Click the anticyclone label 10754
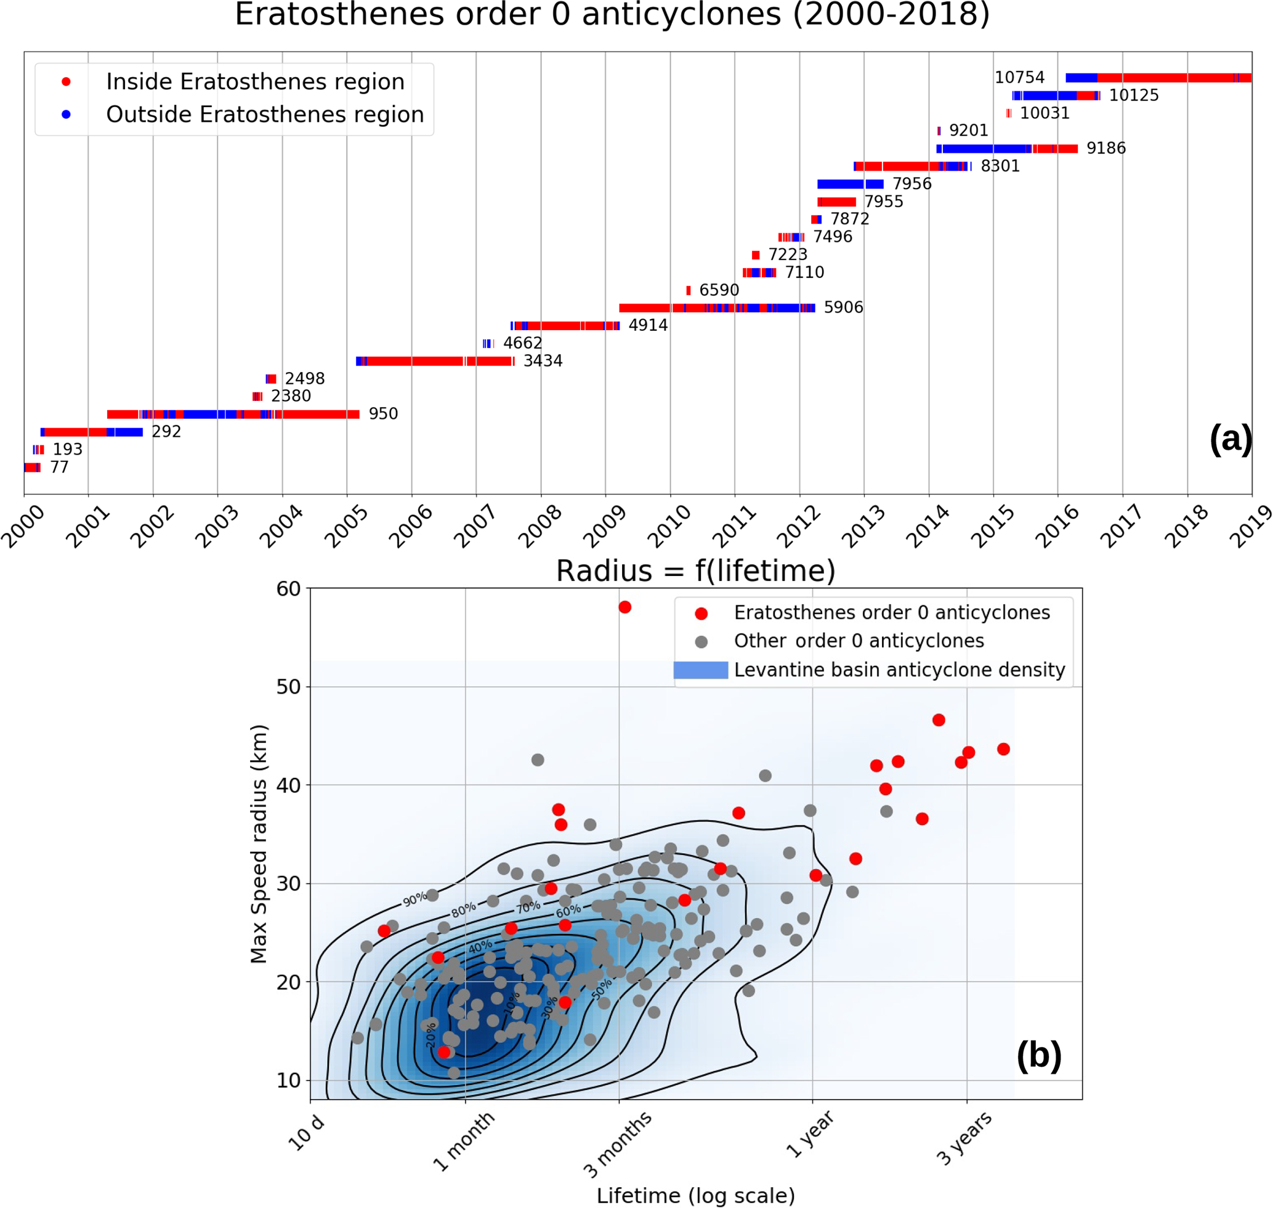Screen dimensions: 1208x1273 tap(1019, 78)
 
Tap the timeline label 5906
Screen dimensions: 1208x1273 tap(843, 308)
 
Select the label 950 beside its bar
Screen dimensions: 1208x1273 tap(383, 414)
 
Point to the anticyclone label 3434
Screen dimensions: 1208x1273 tap(543, 361)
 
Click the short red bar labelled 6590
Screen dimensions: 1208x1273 tap(689, 290)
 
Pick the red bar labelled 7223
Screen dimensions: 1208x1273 tap(755, 255)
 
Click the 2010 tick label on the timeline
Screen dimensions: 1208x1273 tap(668, 526)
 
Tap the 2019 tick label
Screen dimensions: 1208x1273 tap(1250, 526)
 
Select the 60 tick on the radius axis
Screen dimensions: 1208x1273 tap(288, 589)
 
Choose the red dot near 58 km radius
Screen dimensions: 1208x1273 tap(624, 607)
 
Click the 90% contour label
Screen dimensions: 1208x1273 tap(414, 899)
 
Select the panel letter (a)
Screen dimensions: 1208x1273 tap(1230, 439)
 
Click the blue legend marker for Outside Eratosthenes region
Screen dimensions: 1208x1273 tap(66, 115)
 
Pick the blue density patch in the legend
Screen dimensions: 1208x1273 tap(701, 670)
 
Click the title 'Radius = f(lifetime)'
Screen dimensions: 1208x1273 tap(695, 571)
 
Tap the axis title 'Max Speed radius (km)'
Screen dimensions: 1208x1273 tap(259, 844)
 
